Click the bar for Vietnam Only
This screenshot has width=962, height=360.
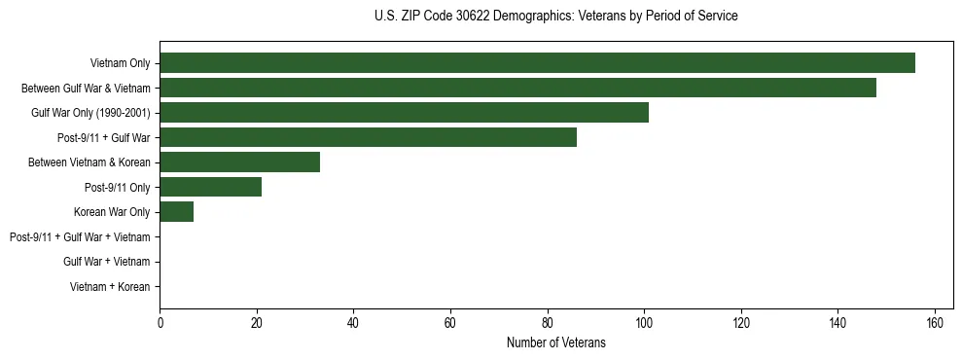pyautogui.click(x=537, y=63)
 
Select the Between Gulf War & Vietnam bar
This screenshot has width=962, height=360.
pyautogui.click(x=517, y=88)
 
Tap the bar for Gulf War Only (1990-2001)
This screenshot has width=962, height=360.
pyautogui.click(x=404, y=113)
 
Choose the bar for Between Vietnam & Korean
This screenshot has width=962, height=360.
pyautogui.click(x=239, y=162)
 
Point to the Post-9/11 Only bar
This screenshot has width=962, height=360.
pyautogui.click(x=210, y=187)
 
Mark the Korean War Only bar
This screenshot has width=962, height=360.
pyautogui.click(x=176, y=212)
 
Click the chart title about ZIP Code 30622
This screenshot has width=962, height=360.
pyautogui.click(x=555, y=17)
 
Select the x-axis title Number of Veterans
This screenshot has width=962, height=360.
pyautogui.click(x=555, y=342)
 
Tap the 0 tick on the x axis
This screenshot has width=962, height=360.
pyautogui.click(x=160, y=324)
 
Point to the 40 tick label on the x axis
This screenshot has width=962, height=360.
pyautogui.click(x=353, y=324)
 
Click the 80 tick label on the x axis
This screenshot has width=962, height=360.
pyautogui.click(x=548, y=324)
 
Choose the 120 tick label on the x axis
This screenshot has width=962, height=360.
pyautogui.click(x=741, y=324)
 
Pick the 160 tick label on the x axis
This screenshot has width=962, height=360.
pyautogui.click(x=935, y=324)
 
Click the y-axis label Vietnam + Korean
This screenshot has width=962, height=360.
pyautogui.click(x=110, y=287)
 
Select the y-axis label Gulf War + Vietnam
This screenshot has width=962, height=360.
pyautogui.click(x=106, y=262)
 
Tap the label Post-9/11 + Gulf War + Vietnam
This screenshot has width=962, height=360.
pyautogui.click(x=80, y=237)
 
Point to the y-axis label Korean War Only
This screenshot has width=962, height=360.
pyautogui.click(x=112, y=212)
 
